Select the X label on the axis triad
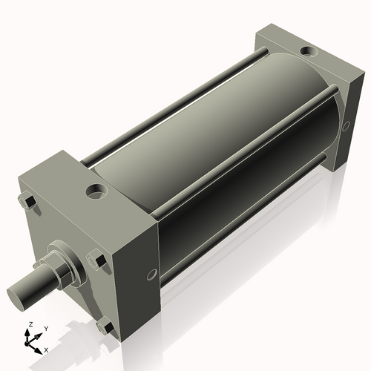pos(47,349)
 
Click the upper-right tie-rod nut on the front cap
pos(95,260)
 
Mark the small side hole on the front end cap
pos(152,275)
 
